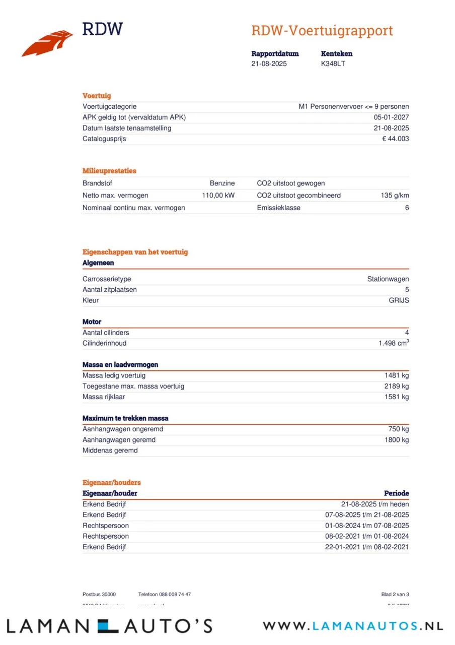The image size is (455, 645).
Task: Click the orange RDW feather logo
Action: tap(47, 43)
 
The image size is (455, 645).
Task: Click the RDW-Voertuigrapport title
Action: tap(322, 31)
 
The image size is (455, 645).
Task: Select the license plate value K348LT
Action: tap(333, 63)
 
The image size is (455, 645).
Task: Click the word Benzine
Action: tap(222, 183)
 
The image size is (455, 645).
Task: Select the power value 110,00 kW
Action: tap(218, 196)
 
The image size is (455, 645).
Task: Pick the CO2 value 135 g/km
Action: tap(395, 196)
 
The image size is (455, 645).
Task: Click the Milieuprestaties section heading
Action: tap(109, 171)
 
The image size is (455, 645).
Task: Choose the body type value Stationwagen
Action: tap(388, 279)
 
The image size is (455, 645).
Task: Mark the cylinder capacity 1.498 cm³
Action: tap(394, 343)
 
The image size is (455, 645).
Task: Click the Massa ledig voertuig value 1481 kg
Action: tap(397, 375)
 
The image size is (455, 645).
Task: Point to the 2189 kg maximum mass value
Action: tap(397, 386)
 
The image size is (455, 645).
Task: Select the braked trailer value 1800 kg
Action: tap(397, 440)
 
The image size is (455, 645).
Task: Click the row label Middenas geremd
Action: tap(110, 450)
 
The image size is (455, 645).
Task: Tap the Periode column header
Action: tap(396, 493)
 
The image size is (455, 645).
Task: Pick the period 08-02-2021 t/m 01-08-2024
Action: tap(367, 536)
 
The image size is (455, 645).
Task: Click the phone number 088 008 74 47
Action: tap(174, 594)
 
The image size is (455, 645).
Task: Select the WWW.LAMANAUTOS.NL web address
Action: tap(352, 626)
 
